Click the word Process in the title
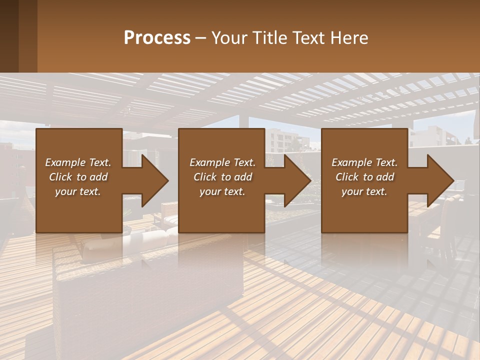[157, 37]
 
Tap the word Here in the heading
[349, 37]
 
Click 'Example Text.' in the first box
[78, 162]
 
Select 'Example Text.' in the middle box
[222, 162]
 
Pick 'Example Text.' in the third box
[364, 162]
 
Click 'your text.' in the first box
[78, 191]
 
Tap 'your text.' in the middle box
[222, 191]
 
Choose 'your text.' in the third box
[364, 191]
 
